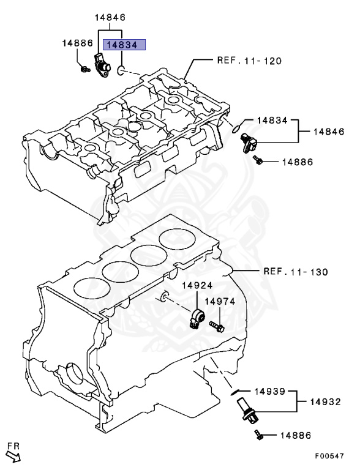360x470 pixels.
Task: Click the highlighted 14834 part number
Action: tap(124, 45)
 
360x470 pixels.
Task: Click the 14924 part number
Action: tap(197, 286)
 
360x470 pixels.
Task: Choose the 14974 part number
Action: tap(219, 301)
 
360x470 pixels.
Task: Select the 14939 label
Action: tap(263, 390)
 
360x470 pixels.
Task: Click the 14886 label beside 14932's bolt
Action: tap(295, 436)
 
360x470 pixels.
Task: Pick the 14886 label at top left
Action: tap(77, 43)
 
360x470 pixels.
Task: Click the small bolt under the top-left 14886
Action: tap(83, 70)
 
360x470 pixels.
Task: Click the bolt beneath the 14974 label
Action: tap(217, 326)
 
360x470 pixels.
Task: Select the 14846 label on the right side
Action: tap(329, 131)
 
